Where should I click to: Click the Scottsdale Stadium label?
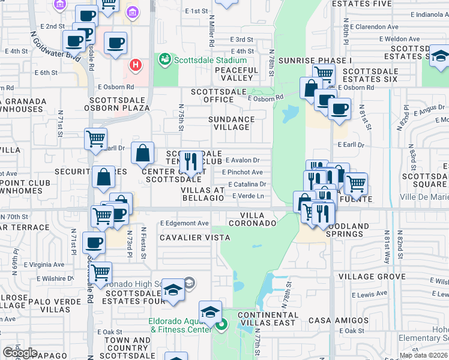[210, 60]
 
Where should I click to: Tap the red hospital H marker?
[136, 64]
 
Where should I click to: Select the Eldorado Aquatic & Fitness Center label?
[180, 325]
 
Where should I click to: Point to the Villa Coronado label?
[258, 219]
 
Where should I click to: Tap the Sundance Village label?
[229, 123]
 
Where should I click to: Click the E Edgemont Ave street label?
[184, 223]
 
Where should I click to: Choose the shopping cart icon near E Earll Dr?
[96, 139]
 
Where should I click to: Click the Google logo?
[20, 352]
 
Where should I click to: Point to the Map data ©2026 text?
[423, 355]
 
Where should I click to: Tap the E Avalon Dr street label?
[242, 160]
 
